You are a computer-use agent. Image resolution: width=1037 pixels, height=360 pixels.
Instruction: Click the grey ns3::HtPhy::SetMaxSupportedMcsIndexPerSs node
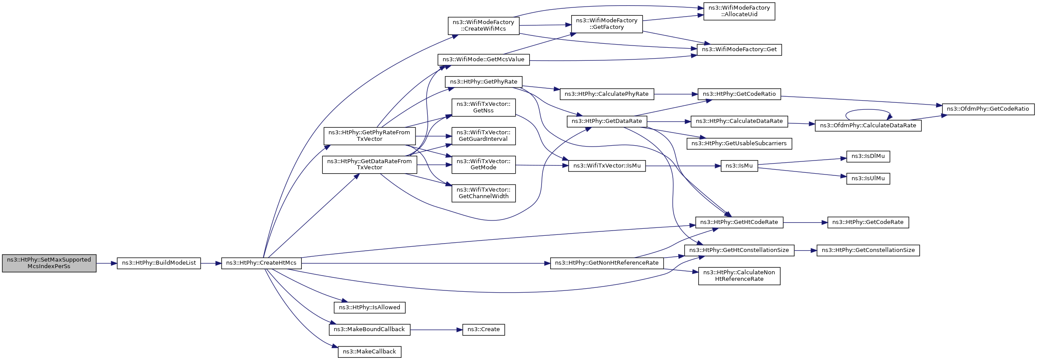pyautogui.click(x=49, y=263)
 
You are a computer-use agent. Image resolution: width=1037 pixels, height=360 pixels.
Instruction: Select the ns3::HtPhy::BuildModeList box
pyautogui.click(x=159, y=263)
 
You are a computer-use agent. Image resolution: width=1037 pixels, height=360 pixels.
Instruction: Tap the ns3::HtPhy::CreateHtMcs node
pyautogui.click(x=261, y=263)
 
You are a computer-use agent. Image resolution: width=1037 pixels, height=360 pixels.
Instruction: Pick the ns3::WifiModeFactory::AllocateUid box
pyautogui.click(x=739, y=11)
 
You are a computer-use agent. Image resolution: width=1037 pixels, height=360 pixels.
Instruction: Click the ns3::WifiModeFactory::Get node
pyautogui.click(x=739, y=49)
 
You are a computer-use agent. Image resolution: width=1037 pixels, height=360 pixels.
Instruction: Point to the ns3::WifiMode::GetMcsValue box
pyautogui.click(x=483, y=59)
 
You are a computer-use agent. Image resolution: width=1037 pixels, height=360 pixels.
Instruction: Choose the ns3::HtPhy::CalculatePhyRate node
pyautogui.click(x=607, y=94)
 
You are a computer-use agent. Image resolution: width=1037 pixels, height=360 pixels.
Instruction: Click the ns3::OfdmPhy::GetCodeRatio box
pyautogui.click(x=988, y=109)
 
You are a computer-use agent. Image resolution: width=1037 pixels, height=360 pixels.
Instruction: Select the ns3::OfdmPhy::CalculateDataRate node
pyautogui.click(x=868, y=126)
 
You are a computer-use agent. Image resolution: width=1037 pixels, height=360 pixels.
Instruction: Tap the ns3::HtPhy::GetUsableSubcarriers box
pyautogui.click(x=739, y=143)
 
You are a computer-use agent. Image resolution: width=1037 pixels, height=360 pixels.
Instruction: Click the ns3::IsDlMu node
pyautogui.click(x=868, y=156)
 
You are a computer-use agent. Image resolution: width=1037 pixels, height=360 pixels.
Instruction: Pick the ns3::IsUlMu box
pyautogui.click(x=868, y=178)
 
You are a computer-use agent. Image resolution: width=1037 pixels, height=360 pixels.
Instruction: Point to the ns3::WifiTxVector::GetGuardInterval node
pyautogui.click(x=483, y=136)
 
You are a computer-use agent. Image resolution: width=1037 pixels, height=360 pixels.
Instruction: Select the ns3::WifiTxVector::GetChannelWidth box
pyautogui.click(x=483, y=193)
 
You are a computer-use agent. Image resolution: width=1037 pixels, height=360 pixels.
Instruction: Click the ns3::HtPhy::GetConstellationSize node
pyautogui.click(x=868, y=250)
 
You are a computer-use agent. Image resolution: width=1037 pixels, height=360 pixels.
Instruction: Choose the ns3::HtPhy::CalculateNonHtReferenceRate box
pyautogui.click(x=739, y=276)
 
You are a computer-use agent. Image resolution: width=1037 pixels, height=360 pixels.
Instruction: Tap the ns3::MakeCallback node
pyautogui.click(x=370, y=352)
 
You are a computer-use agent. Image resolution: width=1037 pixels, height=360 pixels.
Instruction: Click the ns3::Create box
pyautogui.click(x=483, y=329)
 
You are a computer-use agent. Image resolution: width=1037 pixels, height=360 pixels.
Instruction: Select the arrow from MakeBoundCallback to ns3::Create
pyautogui.click(x=436, y=329)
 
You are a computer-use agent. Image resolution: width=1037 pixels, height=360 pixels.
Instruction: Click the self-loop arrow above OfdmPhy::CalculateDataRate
pyautogui.click(x=868, y=110)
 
